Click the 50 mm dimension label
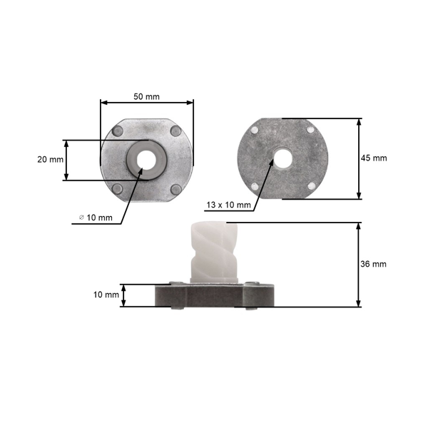[148, 96]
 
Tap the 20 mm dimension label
[51, 160]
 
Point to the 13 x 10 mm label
[228, 205]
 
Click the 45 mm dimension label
[374, 158]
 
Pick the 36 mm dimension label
[374, 264]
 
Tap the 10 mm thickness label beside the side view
[106, 295]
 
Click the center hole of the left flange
[147, 158]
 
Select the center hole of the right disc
[282, 158]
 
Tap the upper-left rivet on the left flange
[118, 131]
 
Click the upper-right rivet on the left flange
[176, 130]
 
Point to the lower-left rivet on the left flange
[118, 188]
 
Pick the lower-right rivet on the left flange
[176, 189]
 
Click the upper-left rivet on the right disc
[255, 130]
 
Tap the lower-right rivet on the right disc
[310, 185]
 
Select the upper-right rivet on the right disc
[310, 130]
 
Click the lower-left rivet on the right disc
[255, 186]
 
